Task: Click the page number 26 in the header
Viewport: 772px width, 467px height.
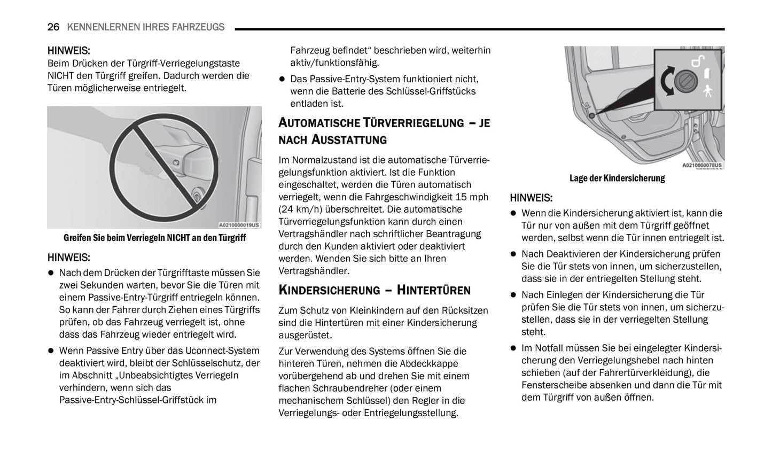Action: (x=53, y=27)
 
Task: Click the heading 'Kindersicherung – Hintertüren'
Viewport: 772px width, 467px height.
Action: (x=374, y=290)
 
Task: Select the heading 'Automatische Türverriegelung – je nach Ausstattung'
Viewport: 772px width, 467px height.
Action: (x=384, y=131)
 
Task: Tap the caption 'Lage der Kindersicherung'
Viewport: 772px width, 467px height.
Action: (x=617, y=178)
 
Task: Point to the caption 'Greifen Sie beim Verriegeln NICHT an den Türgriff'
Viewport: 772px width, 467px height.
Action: (x=154, y=238)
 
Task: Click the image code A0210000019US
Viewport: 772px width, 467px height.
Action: (x=239, y=225)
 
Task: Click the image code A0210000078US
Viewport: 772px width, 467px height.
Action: (x=701, y=166)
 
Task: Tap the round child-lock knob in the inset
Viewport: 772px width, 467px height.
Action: (x=684, y=82)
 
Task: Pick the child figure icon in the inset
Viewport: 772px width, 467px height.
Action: (x=708, y=90)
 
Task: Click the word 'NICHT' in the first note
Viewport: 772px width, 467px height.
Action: (x=60, y=76)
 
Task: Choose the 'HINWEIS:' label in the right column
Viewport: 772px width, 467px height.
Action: (x=531, y=198)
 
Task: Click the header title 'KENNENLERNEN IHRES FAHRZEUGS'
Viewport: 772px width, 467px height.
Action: (x=145, y=27)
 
